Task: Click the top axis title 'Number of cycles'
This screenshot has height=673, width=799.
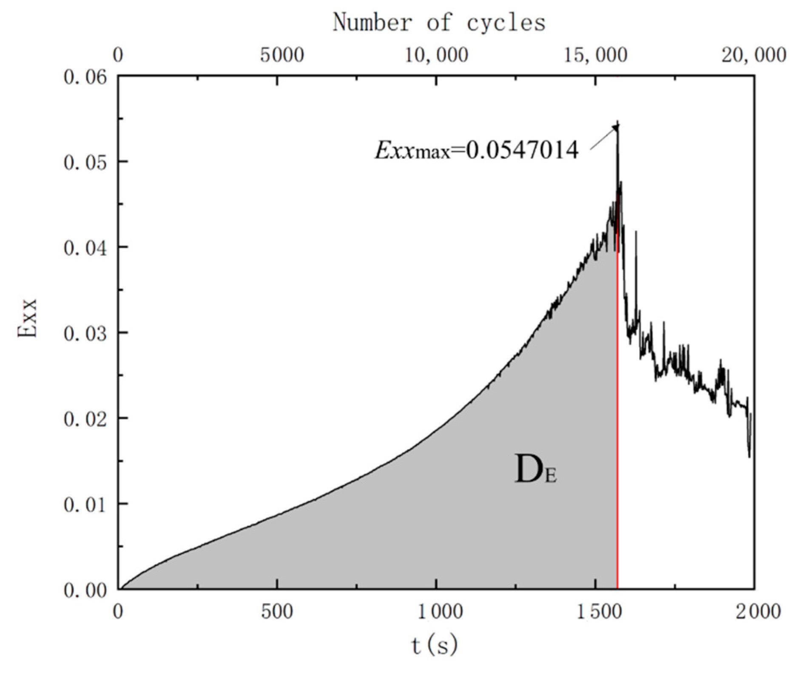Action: [439, 22]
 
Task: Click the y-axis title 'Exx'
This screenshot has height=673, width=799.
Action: [28, 318]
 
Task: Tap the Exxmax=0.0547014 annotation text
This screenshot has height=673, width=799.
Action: [476, 150]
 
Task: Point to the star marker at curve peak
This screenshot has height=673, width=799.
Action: [617, 126]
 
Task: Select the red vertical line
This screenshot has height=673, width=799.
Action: [617, 426]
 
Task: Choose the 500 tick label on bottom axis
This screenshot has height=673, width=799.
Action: [277, 612]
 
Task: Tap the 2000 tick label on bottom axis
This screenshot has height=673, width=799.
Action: [755, 612]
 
